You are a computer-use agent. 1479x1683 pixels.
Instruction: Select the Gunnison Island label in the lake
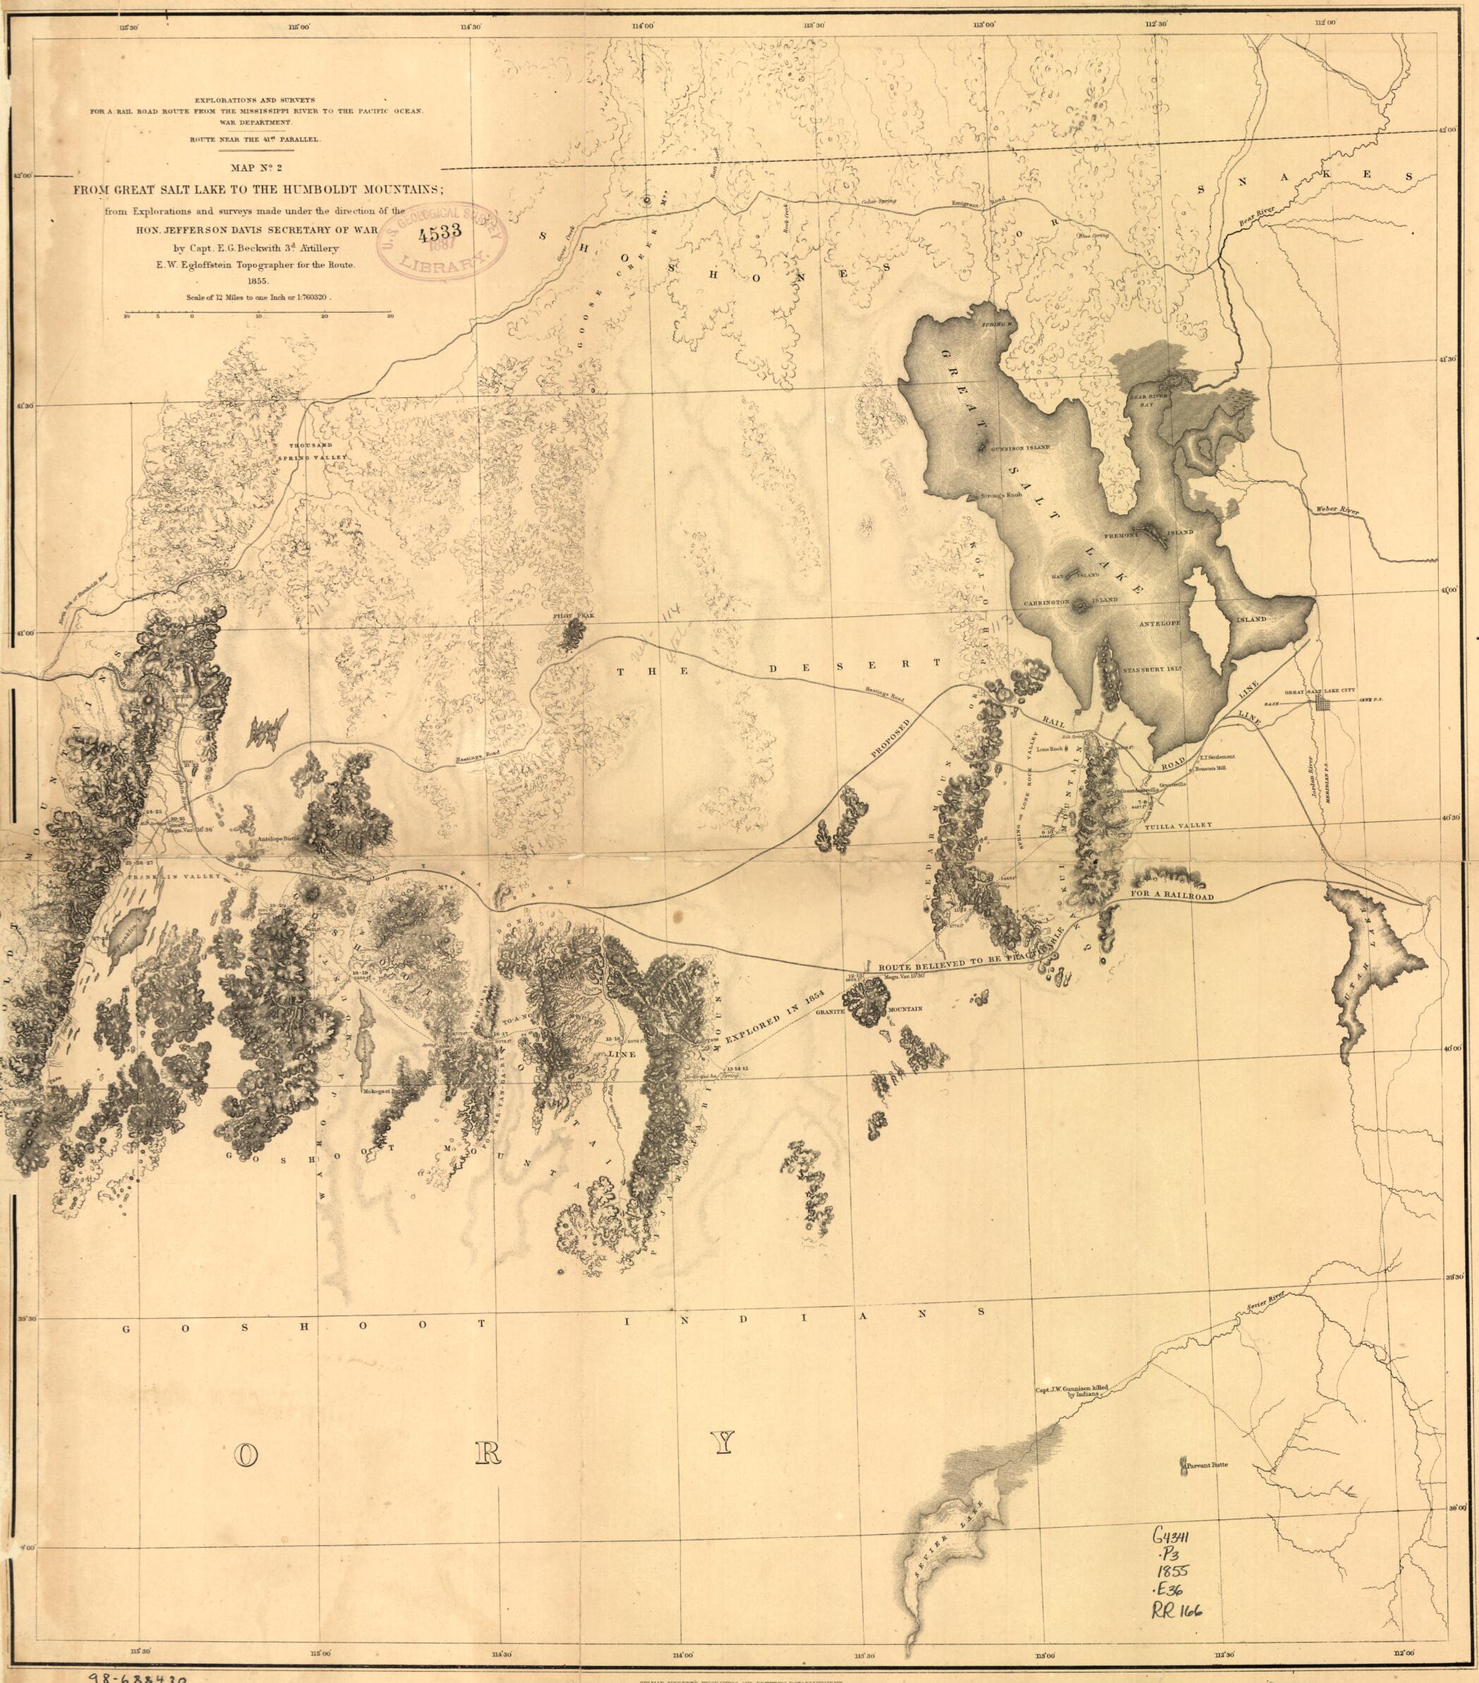(1020, 447)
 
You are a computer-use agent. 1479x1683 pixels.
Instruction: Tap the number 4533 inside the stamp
(440, 233)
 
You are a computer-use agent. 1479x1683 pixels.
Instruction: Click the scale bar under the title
(258, 315)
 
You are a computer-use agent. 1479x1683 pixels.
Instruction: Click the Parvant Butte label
(1207, 1465)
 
